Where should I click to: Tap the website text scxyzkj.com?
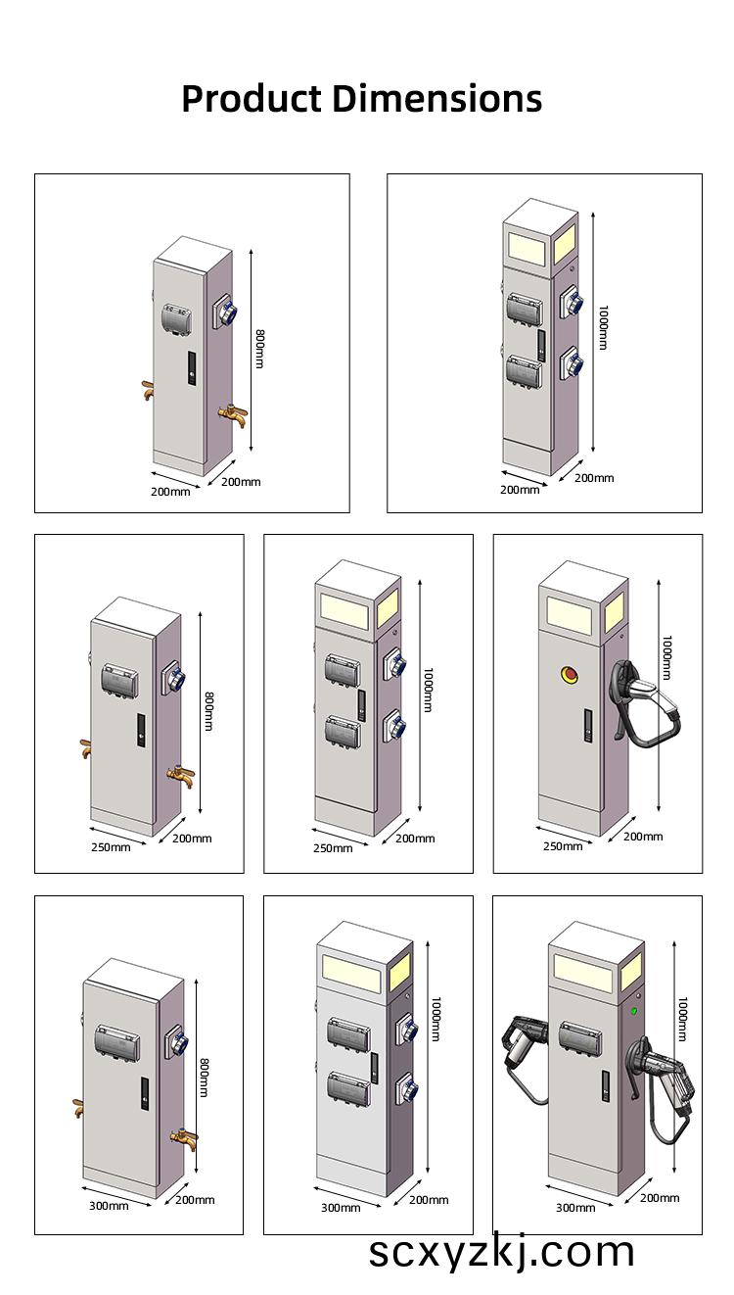point(501,1252)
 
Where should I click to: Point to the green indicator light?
point(634,1011)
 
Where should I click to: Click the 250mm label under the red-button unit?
point(563,845)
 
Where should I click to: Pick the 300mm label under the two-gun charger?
point(574,1208)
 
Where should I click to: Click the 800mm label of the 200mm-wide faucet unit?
point(259,349)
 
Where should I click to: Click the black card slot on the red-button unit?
point(589,725)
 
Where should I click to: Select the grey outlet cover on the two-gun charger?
point(577,1034)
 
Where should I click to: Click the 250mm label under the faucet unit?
point(110,846)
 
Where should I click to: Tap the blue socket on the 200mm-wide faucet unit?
point(228,313)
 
